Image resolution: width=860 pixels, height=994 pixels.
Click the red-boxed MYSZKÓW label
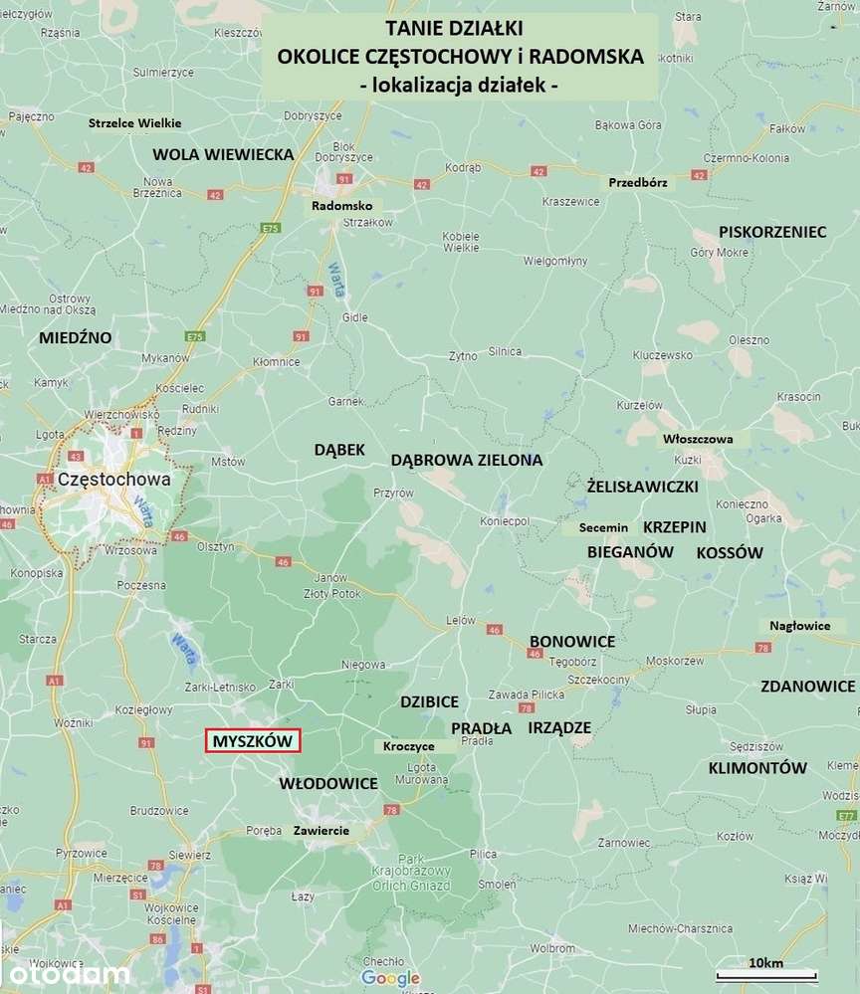[x=252, y=741]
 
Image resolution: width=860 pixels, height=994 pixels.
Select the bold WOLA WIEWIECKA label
[x=223, y=154]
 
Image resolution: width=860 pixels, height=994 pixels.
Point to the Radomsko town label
[x=341, y=205]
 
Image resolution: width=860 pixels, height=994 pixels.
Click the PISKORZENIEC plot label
[x=772, y=232]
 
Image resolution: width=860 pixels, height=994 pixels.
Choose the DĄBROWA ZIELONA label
[x=467, y=460]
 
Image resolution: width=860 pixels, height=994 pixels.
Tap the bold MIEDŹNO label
[x=75, y=337]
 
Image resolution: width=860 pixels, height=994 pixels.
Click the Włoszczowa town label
[x=697, y=439]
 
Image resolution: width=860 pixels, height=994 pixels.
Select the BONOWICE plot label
[x=571, y=641]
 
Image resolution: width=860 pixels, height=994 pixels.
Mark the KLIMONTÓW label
[x=756, y=767]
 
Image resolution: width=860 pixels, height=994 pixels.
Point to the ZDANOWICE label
[x=807, y=687]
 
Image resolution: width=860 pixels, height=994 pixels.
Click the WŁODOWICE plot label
[x=328, y=783]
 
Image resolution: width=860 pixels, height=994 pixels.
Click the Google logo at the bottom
[x=390, y=978]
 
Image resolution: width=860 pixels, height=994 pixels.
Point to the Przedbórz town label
[x=642, y=182]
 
